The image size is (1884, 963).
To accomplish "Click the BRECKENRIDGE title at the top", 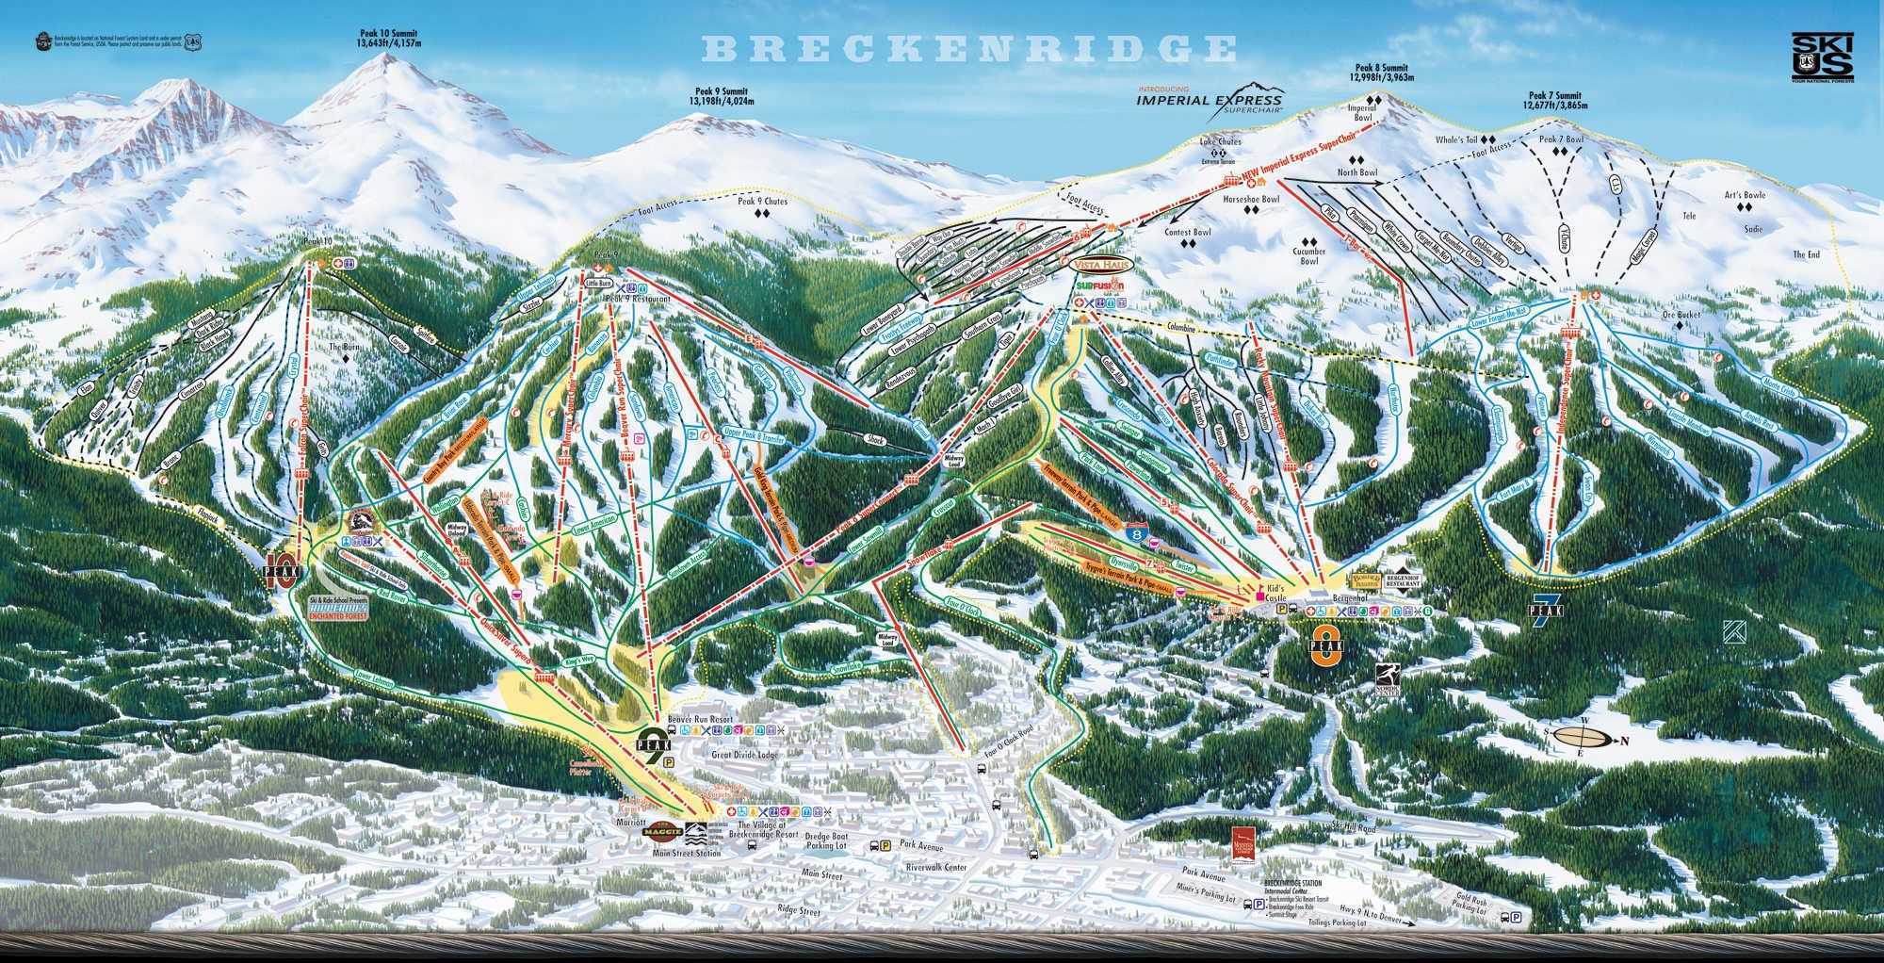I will click(968, 48).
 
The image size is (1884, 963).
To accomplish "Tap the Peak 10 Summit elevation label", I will click(386, 38).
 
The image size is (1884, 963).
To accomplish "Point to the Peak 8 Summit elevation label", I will click(1381, 73).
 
